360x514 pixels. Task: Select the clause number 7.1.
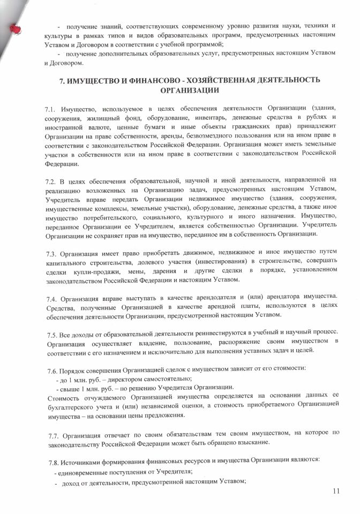click(51, 110)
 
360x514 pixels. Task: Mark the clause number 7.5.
click(51, 332)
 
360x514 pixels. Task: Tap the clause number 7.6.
click(51, 369)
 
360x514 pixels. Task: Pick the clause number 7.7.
click(51, 433)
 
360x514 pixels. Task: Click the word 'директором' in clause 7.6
click(116, 378)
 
